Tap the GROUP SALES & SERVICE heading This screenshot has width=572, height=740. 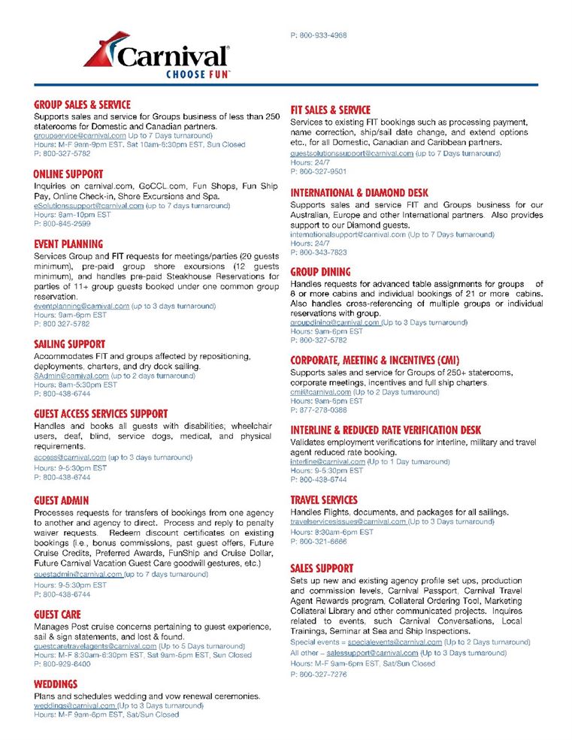click(82, 105)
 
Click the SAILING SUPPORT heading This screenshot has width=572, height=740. click(69, 345)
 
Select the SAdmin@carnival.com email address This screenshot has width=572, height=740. click(71, 376)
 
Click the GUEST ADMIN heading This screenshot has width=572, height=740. click(62, 500)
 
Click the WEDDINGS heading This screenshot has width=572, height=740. click(56, 684)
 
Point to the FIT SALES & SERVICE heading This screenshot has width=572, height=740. click(331, 110)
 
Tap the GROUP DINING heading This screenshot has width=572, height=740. click(320, 272)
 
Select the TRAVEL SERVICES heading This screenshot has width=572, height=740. click(324, 500)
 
